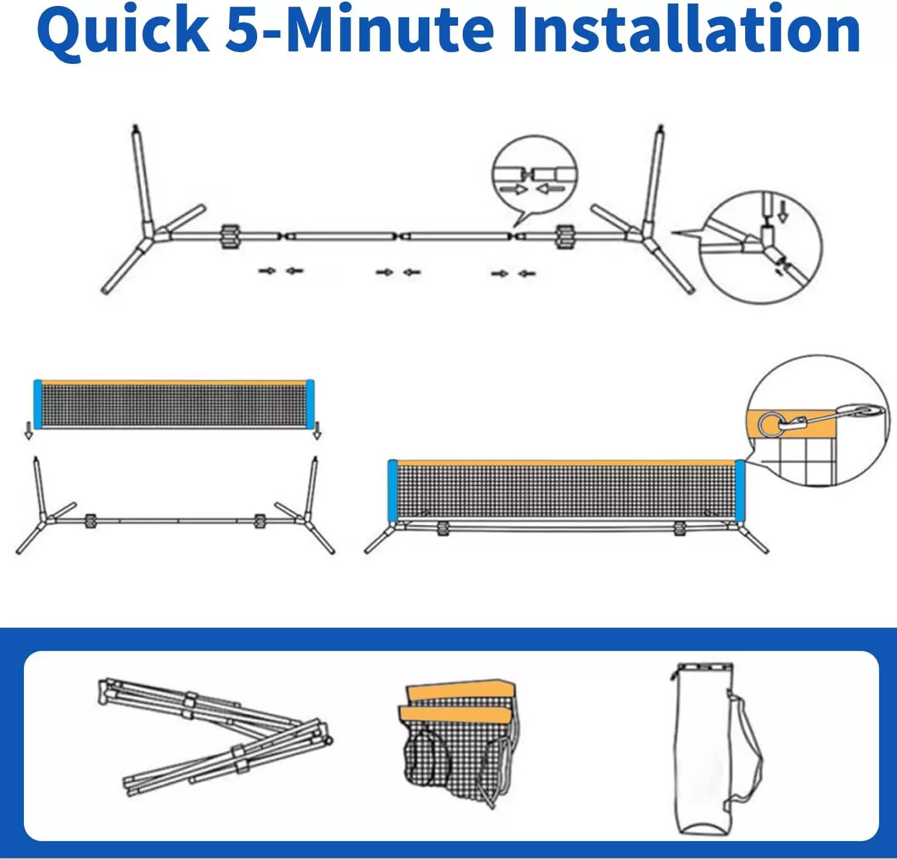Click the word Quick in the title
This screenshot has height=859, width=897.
tap(123, 31)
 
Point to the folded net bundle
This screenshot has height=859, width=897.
tap(457, 741)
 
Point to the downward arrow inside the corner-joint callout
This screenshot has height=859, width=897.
tap(783, 210)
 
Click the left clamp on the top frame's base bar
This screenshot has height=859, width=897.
tap(230, 236)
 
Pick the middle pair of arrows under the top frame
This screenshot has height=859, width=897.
tap(398, 273)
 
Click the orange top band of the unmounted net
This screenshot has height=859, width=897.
tap(173, 383)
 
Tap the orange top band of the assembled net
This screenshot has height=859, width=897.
tap(565, 463)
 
